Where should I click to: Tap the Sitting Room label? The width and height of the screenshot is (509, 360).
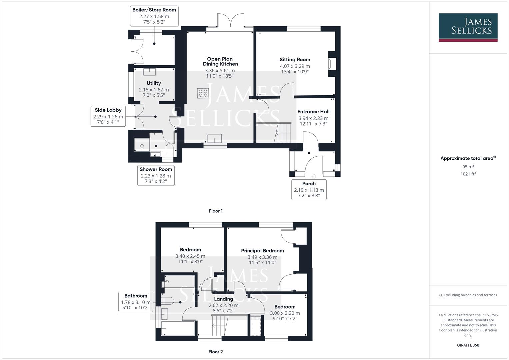[x=295, y=60]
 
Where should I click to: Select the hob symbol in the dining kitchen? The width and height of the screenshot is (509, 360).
[x=203, y=93]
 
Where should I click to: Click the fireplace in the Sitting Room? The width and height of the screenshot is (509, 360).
[x=331, y=64]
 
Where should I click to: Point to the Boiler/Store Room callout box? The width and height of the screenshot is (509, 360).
[x=154, y=16]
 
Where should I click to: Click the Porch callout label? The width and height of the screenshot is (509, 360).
[x=309, y=189]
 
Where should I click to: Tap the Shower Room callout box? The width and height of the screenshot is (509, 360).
[x=156, y=175]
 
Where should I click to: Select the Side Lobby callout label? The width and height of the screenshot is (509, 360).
[x=108, y=116]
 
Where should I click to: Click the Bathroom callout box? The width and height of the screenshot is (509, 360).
[x=136, y=302]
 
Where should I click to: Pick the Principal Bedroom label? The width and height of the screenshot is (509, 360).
[x=262, y=251]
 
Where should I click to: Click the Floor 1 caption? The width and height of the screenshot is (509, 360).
[x=216, y=211]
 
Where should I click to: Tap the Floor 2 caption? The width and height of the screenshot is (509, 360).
[x=216, y=352]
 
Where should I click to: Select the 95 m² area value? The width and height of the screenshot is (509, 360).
[x=468, y=167]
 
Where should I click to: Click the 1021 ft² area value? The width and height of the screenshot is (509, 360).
[x=468, y=174]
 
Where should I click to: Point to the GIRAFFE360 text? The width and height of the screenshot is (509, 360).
[x=468, y=345]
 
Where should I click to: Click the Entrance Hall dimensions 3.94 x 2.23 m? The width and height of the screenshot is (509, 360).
[x=313, y=118]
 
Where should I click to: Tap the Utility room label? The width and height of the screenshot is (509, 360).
[x=154, y=83]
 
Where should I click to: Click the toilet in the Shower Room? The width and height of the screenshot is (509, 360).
[x=170, y=150]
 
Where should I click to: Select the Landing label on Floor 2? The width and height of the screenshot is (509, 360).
[x=223, y=299]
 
